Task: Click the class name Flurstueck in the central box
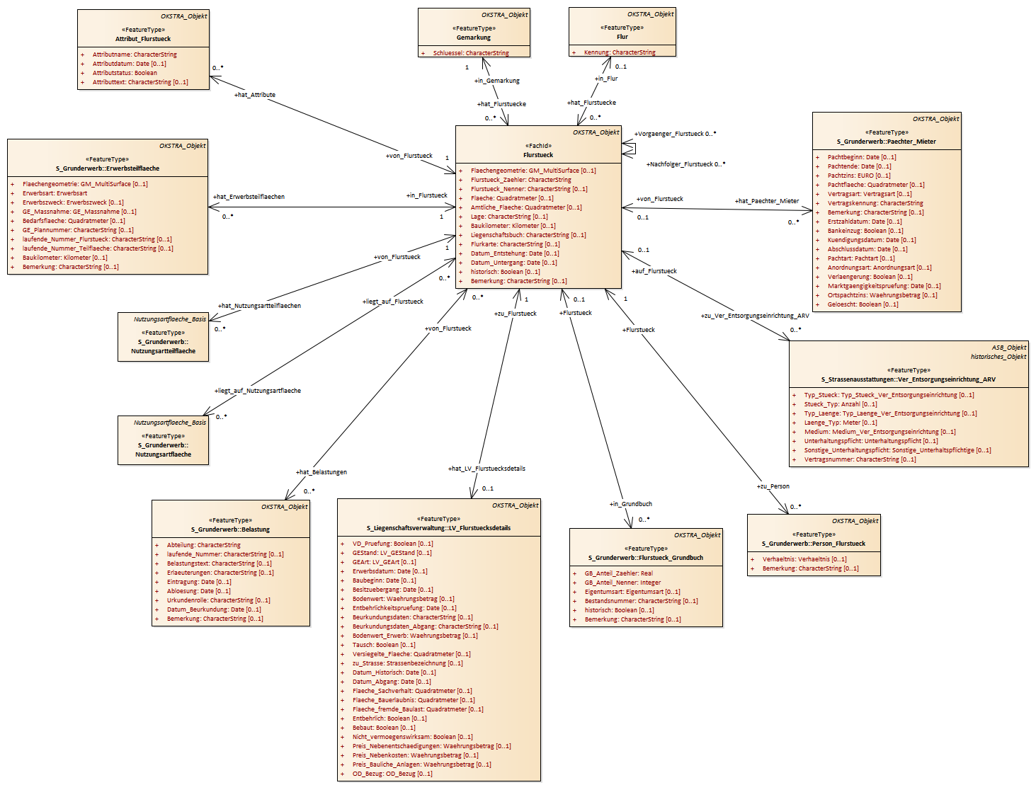pyautogui.click(x=538, y=155)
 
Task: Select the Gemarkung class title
pyautogui.click(x=474, y=38)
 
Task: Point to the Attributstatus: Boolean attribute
pyautogui.click(x=125, y=73)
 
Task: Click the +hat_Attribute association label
pyautogui.click(x=255, y=95)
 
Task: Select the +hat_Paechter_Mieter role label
pyautogui.click(x=766, y=201)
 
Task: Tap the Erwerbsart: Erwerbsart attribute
pyautogui.click(x=55, y=193)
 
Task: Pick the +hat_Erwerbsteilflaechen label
pyautogui.click(x=249, y=197)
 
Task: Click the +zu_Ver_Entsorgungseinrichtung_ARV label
pyautogui.click(x=754, y=316)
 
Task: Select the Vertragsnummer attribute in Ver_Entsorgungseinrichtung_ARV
pyautogui.click(x=860, y=459)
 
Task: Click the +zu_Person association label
pyautogui.click(x=773, y=486)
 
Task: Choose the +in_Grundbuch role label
pyautogui.click(x=630, y=504)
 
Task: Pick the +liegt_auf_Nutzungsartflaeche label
pyautogui.click(x=258, y=391)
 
